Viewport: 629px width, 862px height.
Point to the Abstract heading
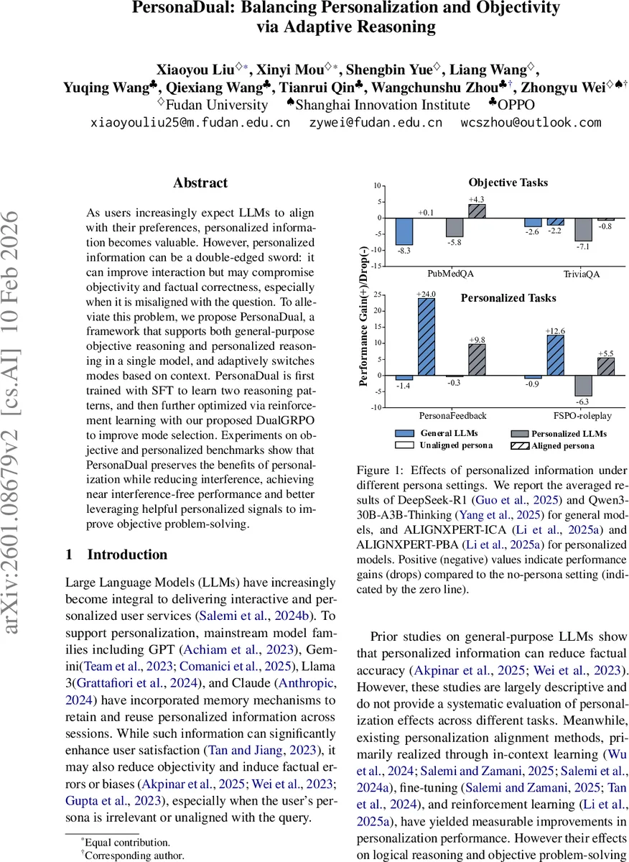[x=201, y=183]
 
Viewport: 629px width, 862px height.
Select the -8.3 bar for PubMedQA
[x=404, y=231]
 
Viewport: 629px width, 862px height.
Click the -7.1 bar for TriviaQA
[x=583, y=229]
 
